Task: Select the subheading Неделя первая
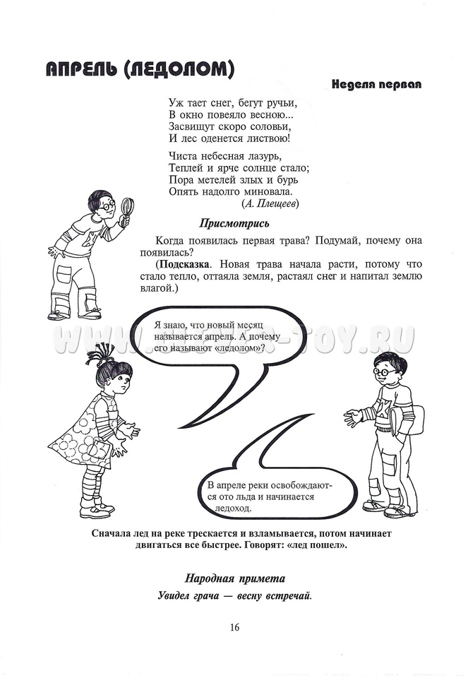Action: (376, 85)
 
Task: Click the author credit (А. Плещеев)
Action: (270, 203)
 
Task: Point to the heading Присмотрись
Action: (234, 224)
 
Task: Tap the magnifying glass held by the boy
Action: (128, 207)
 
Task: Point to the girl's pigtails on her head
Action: (104, 354)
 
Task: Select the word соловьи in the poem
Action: (265, 126)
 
